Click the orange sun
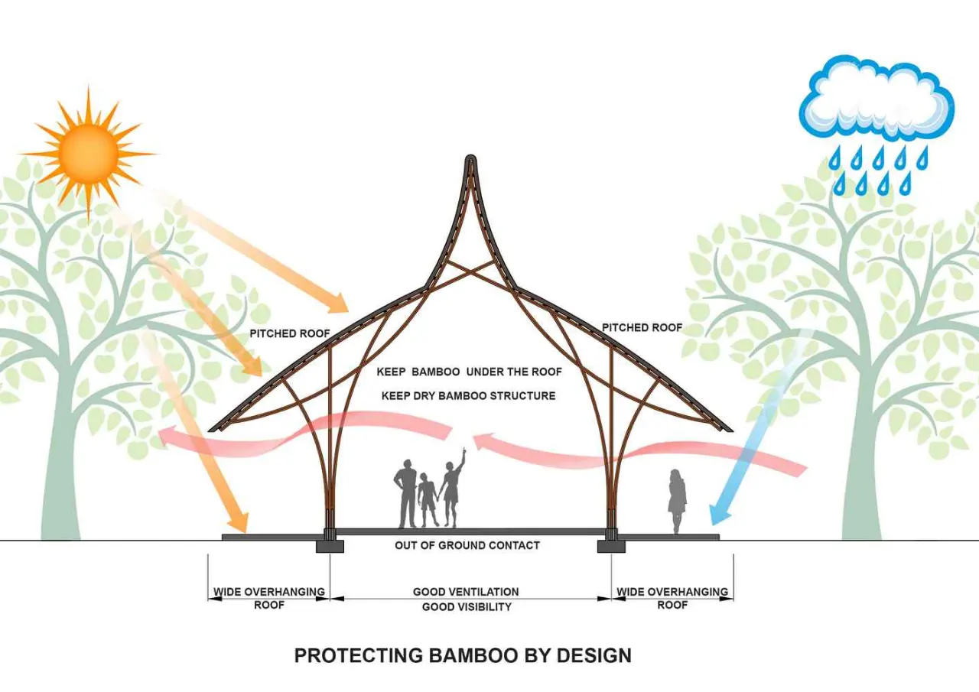89,154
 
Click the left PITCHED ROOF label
289,334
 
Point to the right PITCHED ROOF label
642,328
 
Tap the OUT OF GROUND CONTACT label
467,545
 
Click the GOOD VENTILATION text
466,592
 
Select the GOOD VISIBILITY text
467,607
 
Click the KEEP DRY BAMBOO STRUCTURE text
468,396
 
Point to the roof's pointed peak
470,158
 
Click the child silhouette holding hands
426,499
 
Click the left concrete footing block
330,546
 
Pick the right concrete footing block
611,546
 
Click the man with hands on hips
406,494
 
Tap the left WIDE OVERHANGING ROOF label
269,599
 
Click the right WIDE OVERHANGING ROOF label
672,599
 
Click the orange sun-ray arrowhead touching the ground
238,521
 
